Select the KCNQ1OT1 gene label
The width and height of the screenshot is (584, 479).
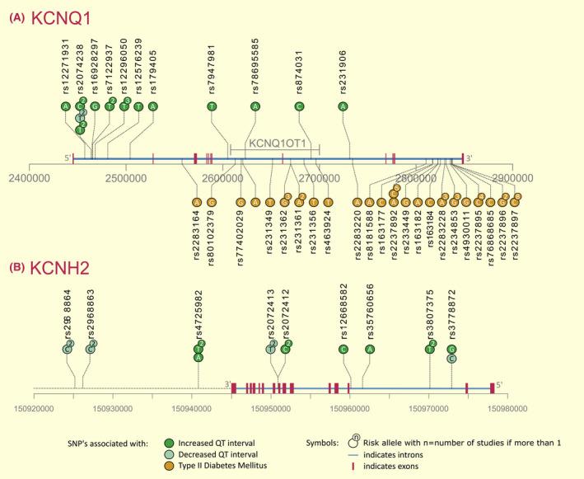pyautogui.click(x=273, y=142)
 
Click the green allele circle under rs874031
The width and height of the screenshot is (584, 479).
pyautogui.click(x=300, y=106)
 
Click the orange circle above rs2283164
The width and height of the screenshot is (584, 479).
pyautogui.click(x=196, y=202)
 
